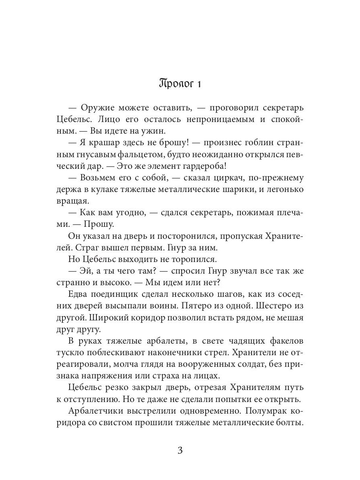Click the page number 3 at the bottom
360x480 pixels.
(x=180, y=450)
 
